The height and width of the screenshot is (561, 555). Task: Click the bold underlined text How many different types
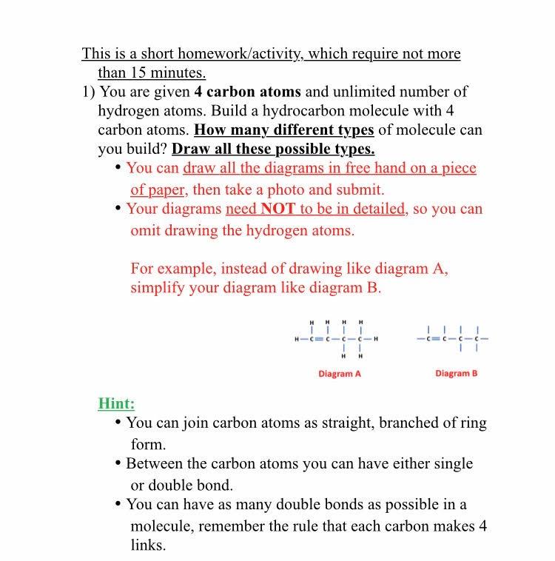coord(283,130)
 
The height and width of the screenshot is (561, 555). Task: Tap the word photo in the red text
coord(300,189)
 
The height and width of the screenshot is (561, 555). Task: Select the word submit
coord(360,189)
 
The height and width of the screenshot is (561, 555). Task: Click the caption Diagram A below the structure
coord(340,374)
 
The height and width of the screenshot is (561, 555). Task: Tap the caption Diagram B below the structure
coord(456,374)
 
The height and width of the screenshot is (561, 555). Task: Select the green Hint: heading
coord(116,403)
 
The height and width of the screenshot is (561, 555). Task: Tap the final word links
coord(148,545)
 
